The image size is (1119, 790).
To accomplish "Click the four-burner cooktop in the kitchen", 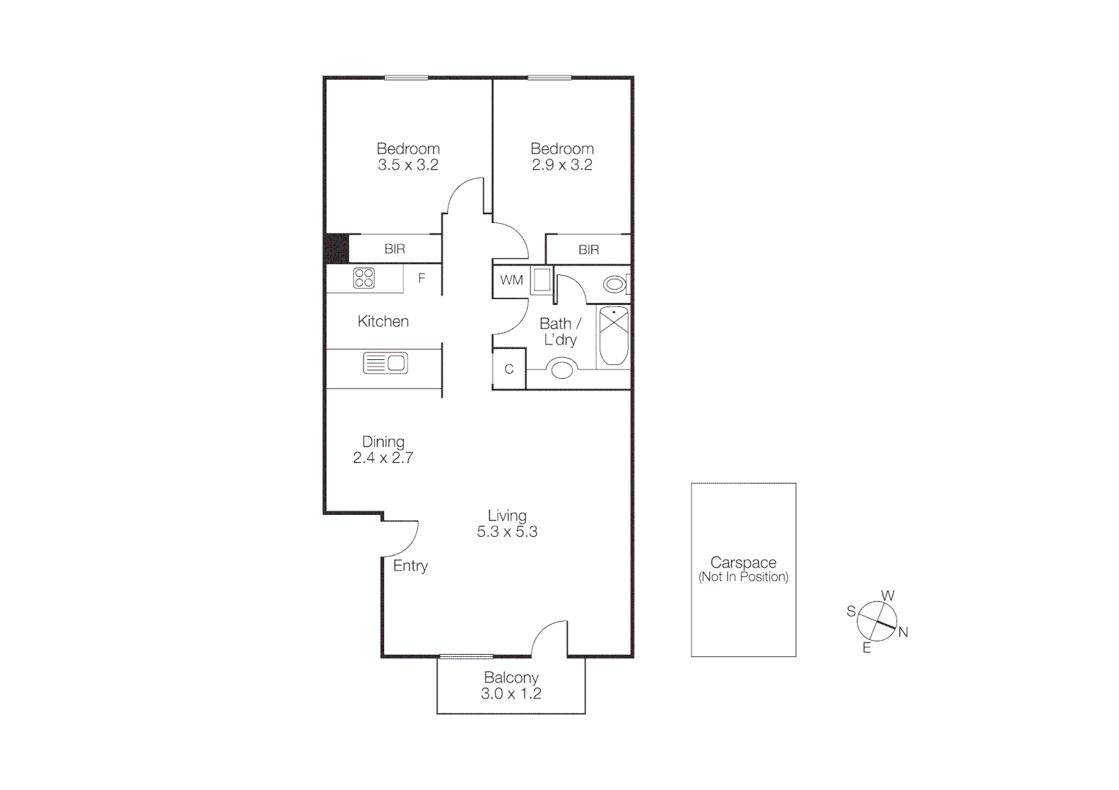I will click(364, 278).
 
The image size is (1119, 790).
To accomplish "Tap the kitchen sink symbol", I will click(385, 363).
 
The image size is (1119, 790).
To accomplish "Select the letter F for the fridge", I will click(422, 278).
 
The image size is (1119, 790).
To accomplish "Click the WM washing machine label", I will click(512, 280).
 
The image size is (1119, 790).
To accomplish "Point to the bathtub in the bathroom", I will click(613, 336).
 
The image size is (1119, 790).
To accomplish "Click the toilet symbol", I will click(615, 284).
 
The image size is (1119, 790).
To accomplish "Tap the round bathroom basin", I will click(562, 369).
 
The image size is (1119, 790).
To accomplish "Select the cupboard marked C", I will click(509, 369).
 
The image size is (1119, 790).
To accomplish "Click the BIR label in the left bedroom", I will click(394, 249).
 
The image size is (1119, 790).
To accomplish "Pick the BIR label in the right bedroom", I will click(588, 250).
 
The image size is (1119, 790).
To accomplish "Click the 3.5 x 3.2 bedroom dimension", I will click(408, 165).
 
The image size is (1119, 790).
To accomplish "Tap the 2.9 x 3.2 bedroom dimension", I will click(562, 165).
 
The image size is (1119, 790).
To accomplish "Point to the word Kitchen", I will click(383, 321).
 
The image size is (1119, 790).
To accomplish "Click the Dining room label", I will click(383, 442).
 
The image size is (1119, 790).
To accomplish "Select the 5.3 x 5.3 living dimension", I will click(507, 532).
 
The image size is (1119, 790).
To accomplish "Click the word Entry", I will click(410, 565).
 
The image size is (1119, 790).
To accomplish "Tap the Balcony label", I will click(511, 678).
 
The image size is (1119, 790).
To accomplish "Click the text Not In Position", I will click(744, 577).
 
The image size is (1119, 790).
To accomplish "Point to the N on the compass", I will click(903, 632).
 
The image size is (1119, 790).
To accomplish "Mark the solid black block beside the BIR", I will click(337, 248).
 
